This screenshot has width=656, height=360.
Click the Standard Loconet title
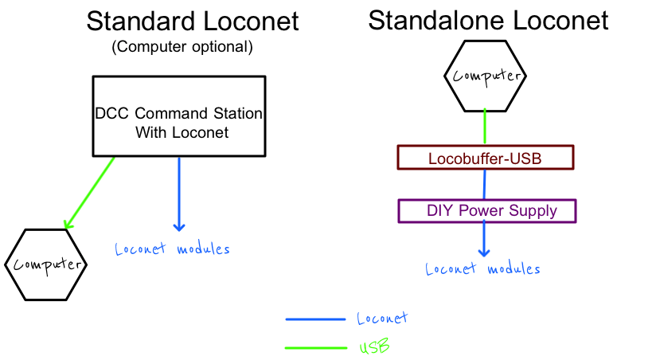pos(193,22)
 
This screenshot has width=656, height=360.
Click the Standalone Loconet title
pos(488,20)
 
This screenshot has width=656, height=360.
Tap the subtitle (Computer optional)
pos(182,46)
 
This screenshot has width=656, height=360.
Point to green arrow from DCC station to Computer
pos(89,193)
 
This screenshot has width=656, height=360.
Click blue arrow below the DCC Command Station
pos(179,194)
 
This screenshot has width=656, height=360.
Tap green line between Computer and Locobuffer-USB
pos(485,127)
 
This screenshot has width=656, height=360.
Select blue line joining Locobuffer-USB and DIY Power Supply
pos(485,185)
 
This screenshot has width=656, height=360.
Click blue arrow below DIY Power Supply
pos(484,240)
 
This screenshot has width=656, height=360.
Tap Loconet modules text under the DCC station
pos(173,249)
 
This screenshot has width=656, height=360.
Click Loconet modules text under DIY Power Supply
pos(482,268)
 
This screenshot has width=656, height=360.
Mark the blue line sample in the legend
pos(315,319)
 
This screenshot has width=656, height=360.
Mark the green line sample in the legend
pos(316,347)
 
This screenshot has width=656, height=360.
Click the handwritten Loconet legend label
pos(382,319)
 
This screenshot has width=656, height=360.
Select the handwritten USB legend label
pos(374,346)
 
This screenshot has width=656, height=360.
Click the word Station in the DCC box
pos(237,113)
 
